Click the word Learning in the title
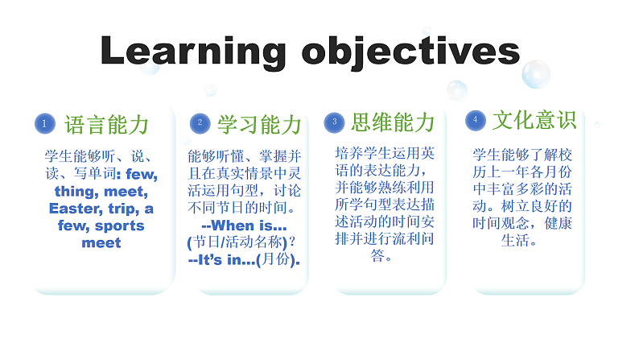click(x=193, y=52)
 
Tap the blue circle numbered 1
click(x=45, y=123)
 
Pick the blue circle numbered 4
click(x=476, y=119)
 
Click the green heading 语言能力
click(x=106, y=124)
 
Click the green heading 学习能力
click(x=259, y=124)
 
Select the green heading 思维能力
click(x=393, y=122)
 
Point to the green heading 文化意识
click(x=534, y=120)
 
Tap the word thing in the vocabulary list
click(x=80, y=192)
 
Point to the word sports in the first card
click(x=119, y=226)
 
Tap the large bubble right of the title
click(x=536, y=74)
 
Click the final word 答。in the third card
click(x=382, y=257)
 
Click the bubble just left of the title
click(x=149, y=67)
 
